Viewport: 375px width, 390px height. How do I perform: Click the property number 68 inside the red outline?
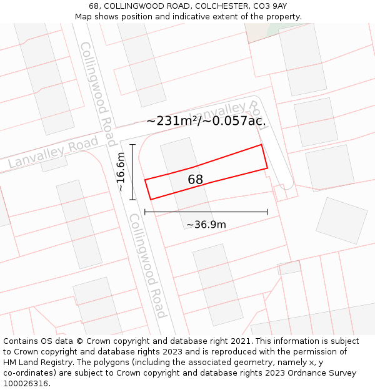pos(195,180)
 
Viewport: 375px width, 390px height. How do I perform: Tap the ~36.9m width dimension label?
pos(206,225)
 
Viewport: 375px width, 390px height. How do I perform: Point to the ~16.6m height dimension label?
pos(121,172)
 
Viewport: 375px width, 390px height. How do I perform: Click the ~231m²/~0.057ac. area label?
pos(206,121)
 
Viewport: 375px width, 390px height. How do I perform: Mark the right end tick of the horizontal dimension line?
pos(267,212)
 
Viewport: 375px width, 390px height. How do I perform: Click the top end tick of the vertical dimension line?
pos(132,145)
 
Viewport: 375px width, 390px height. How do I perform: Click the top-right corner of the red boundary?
pos(261,145)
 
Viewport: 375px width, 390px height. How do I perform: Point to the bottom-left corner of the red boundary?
pos(151,200)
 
